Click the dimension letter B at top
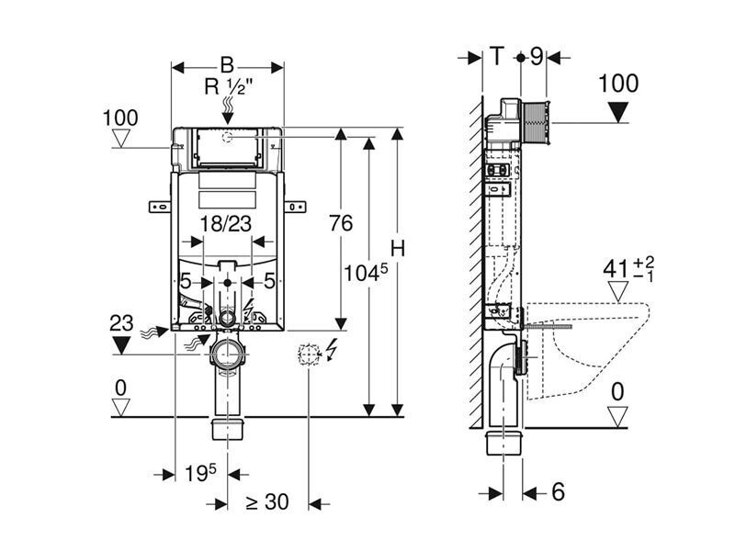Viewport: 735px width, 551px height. [227, 65]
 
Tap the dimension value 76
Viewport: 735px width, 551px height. [341, 223]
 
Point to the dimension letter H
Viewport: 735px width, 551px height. [398, 249]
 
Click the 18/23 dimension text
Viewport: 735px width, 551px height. [226, 223]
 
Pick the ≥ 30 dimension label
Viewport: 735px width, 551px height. [267, 502]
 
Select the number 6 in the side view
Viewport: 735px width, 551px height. [558, 492]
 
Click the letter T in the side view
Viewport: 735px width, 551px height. [496, 56]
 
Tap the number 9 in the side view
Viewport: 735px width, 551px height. [537, 56]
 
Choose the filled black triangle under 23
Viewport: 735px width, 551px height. [122, 344]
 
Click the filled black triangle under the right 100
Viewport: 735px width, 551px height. [619, 113]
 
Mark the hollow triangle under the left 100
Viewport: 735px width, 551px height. [121, 140]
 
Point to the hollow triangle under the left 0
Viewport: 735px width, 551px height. [121, 408]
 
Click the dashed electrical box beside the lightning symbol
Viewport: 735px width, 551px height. [309, 354]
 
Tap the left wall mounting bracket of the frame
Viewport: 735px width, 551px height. [160, 206]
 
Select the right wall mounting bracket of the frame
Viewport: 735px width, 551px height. [295, 206]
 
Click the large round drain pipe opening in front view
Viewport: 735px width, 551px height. [228, 353]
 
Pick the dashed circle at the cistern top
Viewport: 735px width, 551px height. [228, 138]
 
